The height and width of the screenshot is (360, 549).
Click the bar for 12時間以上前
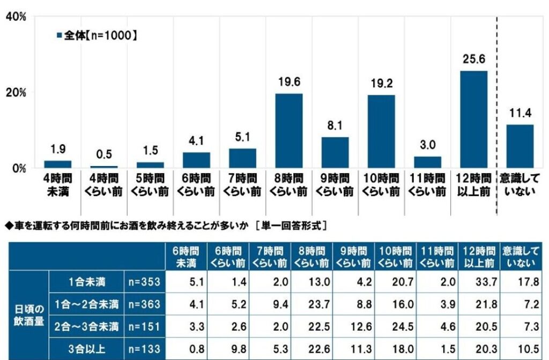(473, 119)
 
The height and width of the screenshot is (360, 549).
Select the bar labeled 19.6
(289, 131)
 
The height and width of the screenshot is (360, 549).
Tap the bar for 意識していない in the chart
(520, 146)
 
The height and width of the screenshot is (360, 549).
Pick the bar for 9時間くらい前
(335, 153)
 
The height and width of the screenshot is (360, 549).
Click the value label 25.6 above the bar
(474, 59)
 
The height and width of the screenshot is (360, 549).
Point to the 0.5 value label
(104, 154)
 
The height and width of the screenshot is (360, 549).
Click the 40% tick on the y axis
(16, 17)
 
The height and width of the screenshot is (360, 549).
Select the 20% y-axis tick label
(16, 93)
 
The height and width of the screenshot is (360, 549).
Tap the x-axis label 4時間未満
(58, 185)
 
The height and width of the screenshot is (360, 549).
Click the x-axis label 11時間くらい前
(427, 185)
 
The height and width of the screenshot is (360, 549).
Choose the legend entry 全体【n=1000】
(97, 35)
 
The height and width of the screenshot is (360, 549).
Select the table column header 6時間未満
(186, 257)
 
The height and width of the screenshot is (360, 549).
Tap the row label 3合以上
(86, 349)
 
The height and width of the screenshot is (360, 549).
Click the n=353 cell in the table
(144, 282)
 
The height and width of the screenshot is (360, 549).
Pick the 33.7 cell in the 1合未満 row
(486, 282)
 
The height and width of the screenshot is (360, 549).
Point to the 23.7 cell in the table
(319, 304)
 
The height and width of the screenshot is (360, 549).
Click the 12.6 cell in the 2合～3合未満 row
(361, 326)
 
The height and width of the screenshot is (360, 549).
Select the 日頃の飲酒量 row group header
(29, 315)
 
